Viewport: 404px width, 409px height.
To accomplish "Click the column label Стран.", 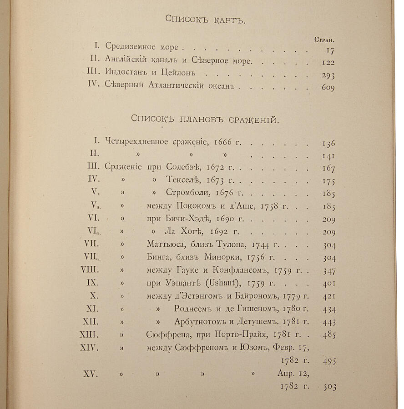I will point(325,39).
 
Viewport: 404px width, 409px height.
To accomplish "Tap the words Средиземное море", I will point(142,47).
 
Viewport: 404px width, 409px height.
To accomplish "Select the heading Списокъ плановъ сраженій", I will point(205,120).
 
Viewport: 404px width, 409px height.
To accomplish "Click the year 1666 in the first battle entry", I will point(222,143).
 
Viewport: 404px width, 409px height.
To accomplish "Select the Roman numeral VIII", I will point(90,269).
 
